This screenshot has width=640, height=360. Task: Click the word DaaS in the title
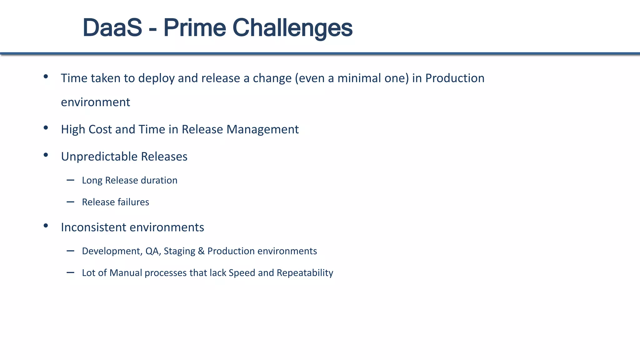112,28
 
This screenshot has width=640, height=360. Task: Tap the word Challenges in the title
292,28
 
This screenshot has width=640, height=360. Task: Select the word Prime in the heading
194,28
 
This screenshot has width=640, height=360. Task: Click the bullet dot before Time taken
46,76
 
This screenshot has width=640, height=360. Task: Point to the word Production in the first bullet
455,78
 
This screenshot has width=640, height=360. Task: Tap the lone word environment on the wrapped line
95,102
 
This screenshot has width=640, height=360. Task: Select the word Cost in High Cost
100,129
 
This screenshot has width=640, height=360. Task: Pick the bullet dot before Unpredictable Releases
46,155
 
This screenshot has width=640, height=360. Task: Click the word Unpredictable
99,157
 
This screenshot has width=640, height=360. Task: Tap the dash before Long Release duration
70,180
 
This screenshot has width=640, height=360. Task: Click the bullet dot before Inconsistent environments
46,225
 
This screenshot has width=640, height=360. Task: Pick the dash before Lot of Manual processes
70,272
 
